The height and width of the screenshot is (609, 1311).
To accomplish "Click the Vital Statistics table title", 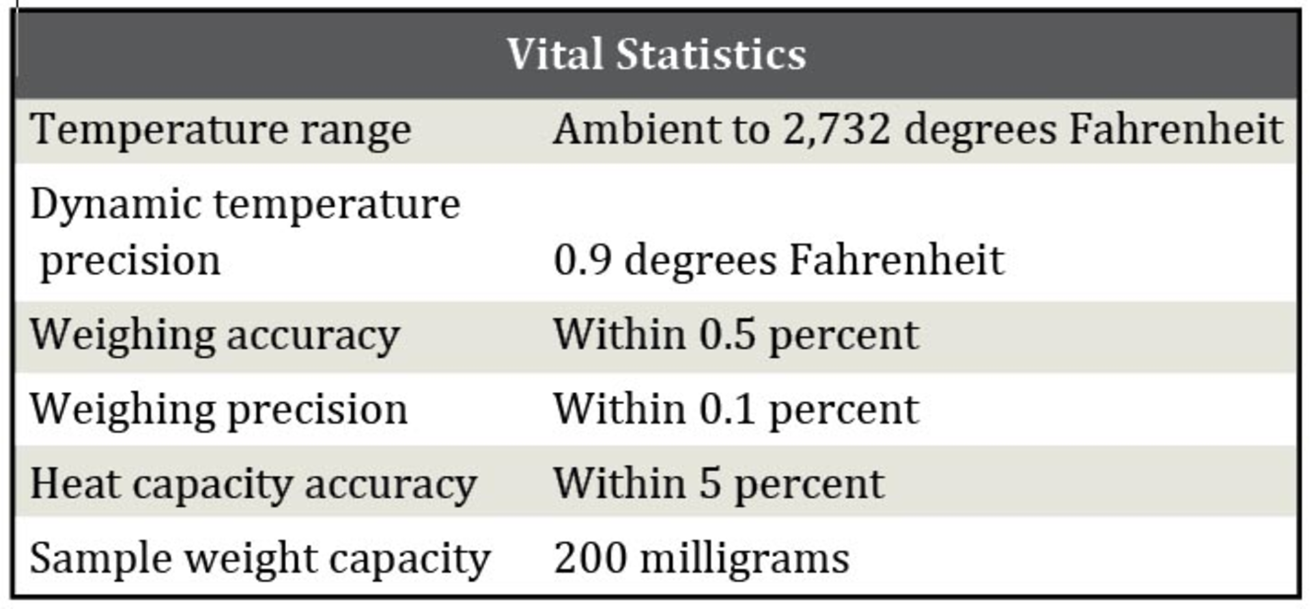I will (656, 54).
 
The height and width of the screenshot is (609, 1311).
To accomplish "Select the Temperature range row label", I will (221, 129).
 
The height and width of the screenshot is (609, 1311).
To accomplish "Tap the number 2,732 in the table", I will (836, 129).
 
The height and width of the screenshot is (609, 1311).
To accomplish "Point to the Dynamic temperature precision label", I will (245, 232).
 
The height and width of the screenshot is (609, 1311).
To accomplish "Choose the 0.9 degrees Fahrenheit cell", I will (778, 260).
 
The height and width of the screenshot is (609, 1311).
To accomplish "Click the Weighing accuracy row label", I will (214, 335).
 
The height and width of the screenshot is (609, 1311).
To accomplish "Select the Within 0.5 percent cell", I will (736, 335).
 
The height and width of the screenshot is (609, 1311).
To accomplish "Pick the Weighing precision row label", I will (218, 410).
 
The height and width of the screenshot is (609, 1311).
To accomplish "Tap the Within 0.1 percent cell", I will (736, 410).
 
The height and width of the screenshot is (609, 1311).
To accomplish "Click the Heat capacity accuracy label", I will (253, 484).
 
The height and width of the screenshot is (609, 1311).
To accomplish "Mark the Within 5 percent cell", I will (718, 484).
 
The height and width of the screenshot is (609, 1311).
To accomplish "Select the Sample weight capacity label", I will (259, 558).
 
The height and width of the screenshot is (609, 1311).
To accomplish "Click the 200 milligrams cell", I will (701, 558).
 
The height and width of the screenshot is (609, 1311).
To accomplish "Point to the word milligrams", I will (745, 558).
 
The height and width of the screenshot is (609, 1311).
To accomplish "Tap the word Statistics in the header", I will (711, 54).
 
